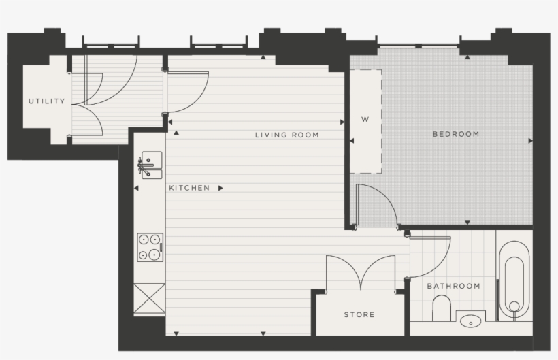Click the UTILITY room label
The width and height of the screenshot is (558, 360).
(46, 101)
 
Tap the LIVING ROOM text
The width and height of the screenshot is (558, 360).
(286, 135)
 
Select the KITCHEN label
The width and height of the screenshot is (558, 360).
(189, 188)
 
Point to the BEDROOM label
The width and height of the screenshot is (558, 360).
(455, 134)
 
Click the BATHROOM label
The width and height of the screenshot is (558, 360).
(453, 286)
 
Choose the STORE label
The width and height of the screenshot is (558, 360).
(359, 314)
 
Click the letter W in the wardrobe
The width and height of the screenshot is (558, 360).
(365, 120)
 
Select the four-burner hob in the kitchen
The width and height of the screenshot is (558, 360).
(150, 247)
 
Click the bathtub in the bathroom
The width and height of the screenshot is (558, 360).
(514, 280)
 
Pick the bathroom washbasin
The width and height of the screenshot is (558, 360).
(469, 320)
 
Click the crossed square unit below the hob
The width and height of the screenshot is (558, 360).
(149, 298)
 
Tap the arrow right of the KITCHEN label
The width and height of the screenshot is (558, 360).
(220, 188)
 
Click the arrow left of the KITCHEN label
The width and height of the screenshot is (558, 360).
(136, 188)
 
